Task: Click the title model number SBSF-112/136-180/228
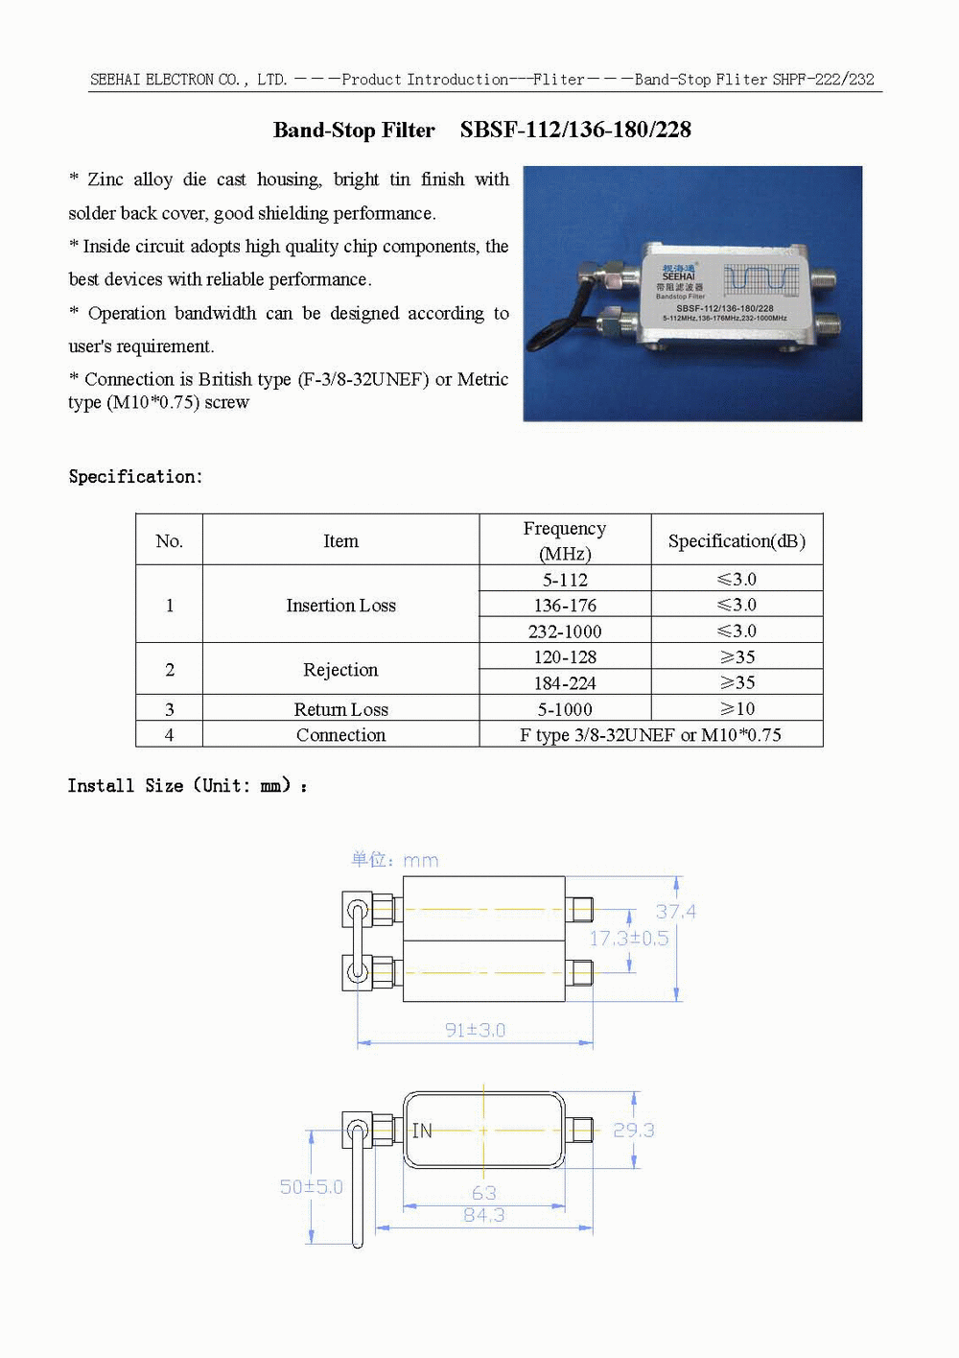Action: [x=575, y=130]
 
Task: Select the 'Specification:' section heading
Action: [x=135, y=477]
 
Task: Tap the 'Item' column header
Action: [x=340, y=541]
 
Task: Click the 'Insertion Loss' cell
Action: [x=340, y=606]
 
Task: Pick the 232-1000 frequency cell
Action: [x=565, y=631]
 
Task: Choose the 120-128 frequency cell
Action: [x=565, y=657]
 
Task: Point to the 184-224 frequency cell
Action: [x=565, y=683]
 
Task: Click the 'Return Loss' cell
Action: [x=340, y=709]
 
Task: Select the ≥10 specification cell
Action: [x=737, y=709]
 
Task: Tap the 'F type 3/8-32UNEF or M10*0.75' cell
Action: [x=650, y=735]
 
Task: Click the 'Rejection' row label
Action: [x=340, y=670]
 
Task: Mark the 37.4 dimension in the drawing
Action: [x=675, y=912]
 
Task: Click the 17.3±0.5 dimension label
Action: [x=628, y=939]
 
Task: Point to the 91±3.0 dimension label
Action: [x=475, y=1031]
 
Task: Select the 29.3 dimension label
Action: [x=633, y=1131]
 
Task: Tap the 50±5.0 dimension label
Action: [x=311, y=1187]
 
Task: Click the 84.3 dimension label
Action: [x=483, y=1216]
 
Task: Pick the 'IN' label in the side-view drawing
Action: [x=422, y=1132]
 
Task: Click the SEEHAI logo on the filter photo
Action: [x=679, y=273]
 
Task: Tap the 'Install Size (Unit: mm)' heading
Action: [x=187, y=786]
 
